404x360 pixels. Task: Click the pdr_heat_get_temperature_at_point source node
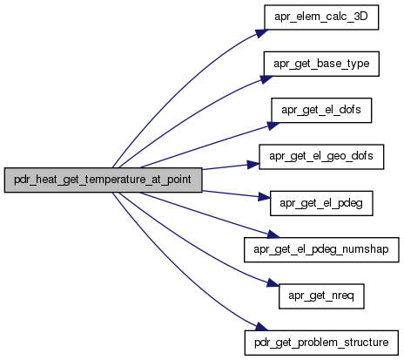103,180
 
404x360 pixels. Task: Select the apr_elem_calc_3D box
321,17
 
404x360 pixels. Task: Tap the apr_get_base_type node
321,64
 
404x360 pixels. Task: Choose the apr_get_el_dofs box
321,110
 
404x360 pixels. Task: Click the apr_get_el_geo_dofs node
321,157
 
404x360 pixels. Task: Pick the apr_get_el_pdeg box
321,203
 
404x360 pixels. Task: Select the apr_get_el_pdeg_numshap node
321,249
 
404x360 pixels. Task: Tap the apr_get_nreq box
321,296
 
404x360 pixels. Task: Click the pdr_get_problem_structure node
321,343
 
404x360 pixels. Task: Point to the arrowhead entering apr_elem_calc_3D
261,32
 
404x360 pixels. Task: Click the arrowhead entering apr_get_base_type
266,79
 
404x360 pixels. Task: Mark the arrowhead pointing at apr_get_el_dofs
273,126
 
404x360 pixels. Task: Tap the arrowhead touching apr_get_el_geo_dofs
252,165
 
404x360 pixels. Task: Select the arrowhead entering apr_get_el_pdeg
264,197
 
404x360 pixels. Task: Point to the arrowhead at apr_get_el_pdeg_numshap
273,234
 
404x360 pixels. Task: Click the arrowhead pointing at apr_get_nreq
273,282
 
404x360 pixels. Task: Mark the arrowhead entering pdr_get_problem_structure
262,327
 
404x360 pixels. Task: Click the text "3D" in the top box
361,17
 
